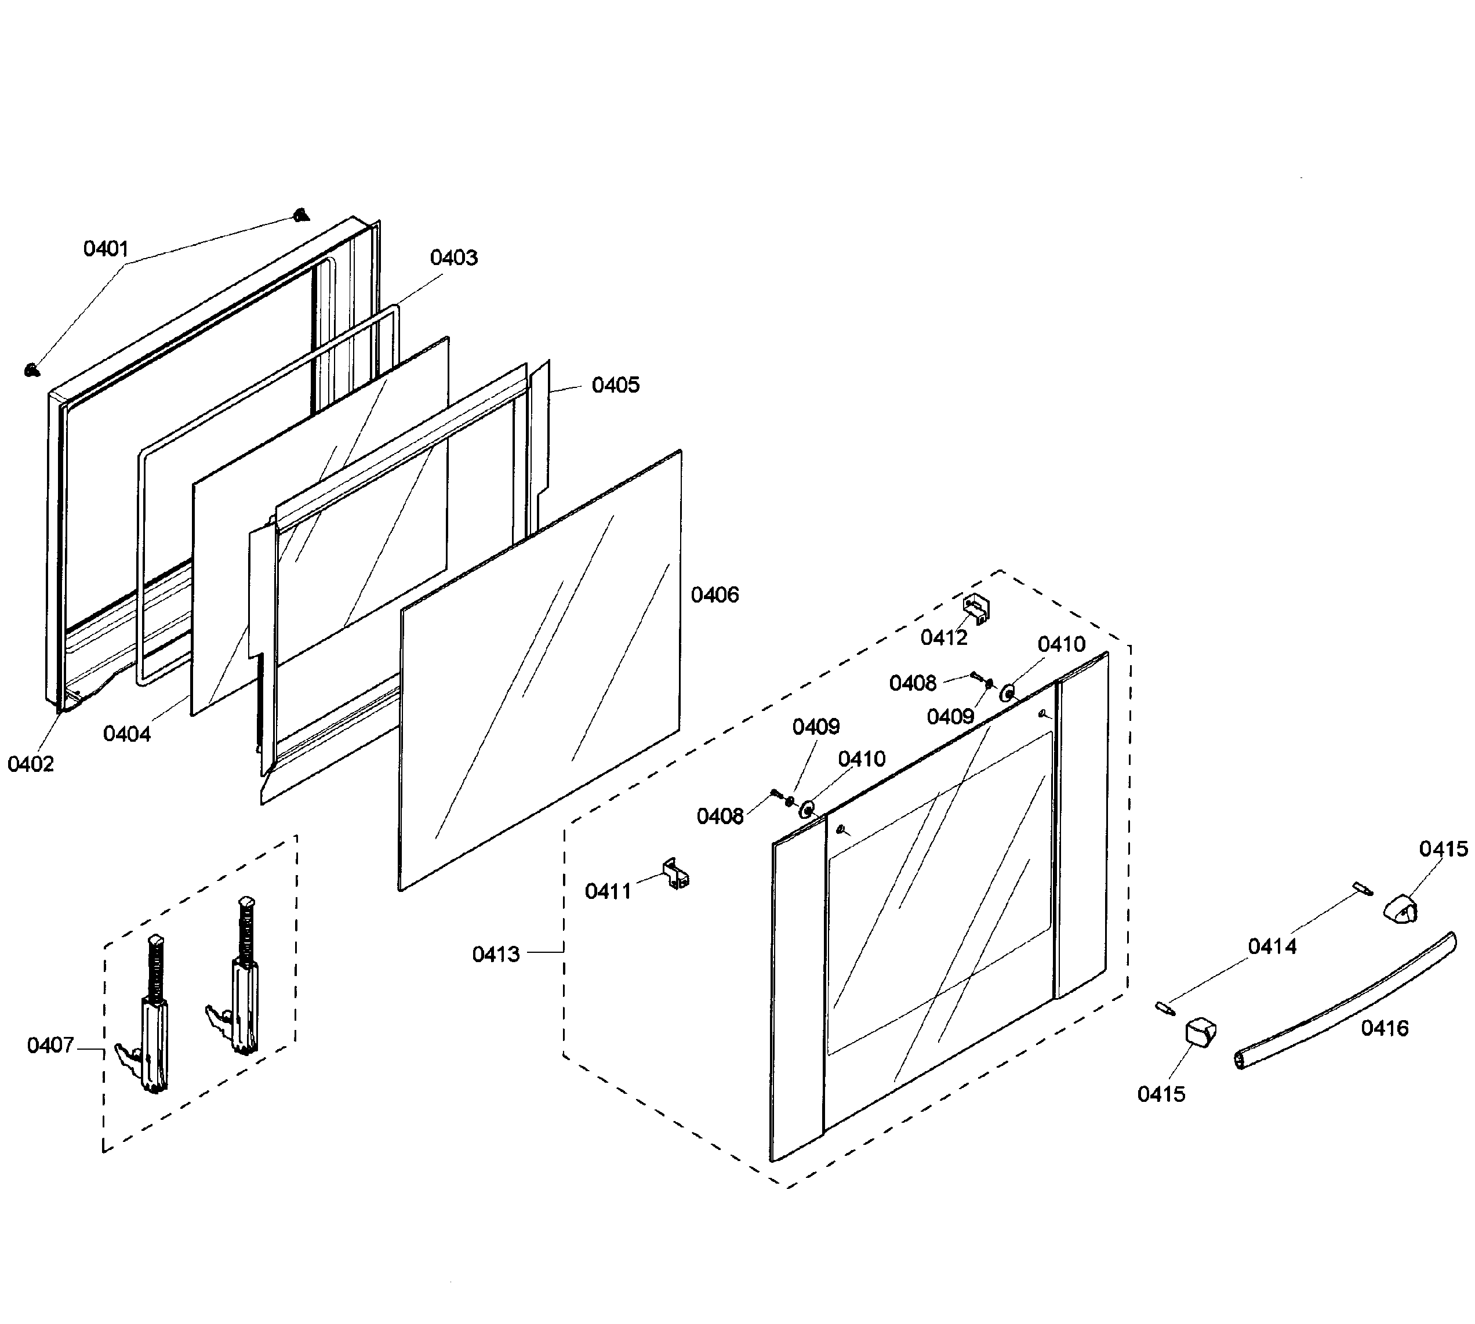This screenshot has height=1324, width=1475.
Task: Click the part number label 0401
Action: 106,249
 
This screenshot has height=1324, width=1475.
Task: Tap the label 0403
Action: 453,257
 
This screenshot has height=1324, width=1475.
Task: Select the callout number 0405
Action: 615,385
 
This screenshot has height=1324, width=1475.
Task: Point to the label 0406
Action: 714,595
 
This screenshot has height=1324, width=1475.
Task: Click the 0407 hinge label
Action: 50,1046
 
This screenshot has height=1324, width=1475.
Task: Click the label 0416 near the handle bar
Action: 1384,1028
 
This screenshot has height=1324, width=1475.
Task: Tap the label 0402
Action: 31,764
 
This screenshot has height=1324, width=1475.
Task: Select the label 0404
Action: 126,734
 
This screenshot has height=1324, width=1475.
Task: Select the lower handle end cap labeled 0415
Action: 1200,1033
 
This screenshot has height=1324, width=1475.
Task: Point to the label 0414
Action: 1271,946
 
